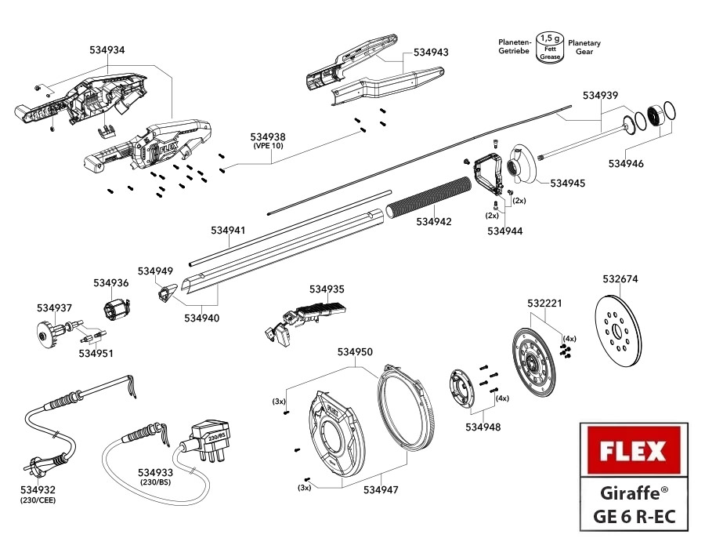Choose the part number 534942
point(433,222)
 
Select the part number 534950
point(355,352)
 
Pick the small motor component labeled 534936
point(116,311)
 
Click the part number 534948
point(483,427)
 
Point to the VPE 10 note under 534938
point(268,147)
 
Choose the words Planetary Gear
point(584,48)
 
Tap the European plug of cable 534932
point(37,467)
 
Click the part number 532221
point(544,303)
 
